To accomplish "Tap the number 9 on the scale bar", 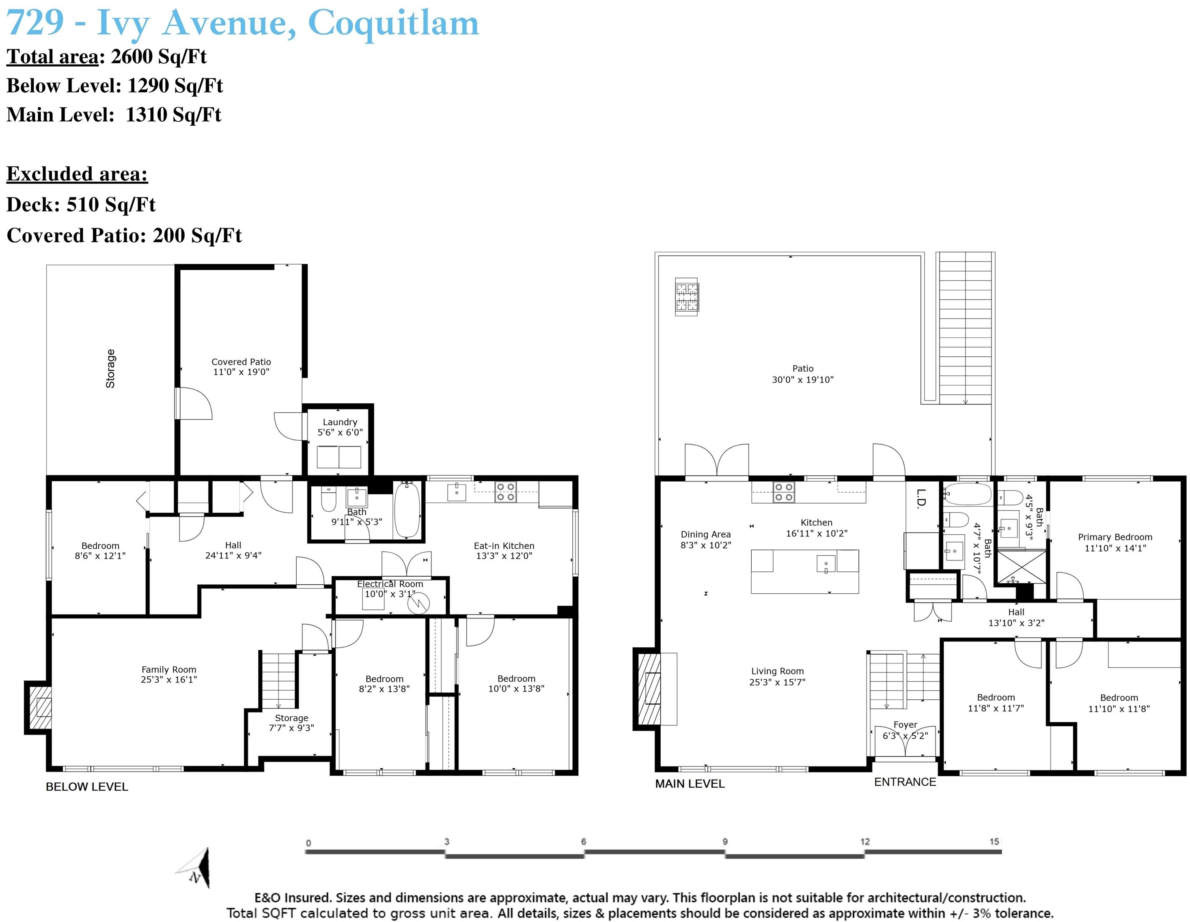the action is pyautogui.click(x=725, y=841).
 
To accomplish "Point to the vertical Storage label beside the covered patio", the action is pyautogui.click(x=111, y=368).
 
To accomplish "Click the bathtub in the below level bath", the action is pyautogui.click(x=406, y=510).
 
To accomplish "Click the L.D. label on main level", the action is pyautogui.click(x=921, y=499).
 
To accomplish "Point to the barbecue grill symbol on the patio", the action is pyautogui.click(x=687, y=297).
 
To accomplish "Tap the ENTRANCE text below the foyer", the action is pyautogui.click(x=905, y=782).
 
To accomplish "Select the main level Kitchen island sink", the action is pyautogui.click(x=826, y=563).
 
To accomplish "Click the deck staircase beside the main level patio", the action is pyautogui.click(x=966, y=328).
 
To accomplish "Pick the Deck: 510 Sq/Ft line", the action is pyautogui.click(x=81, y=205).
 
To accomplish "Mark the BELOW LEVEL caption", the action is pyautogui.click(x=86, y=787).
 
